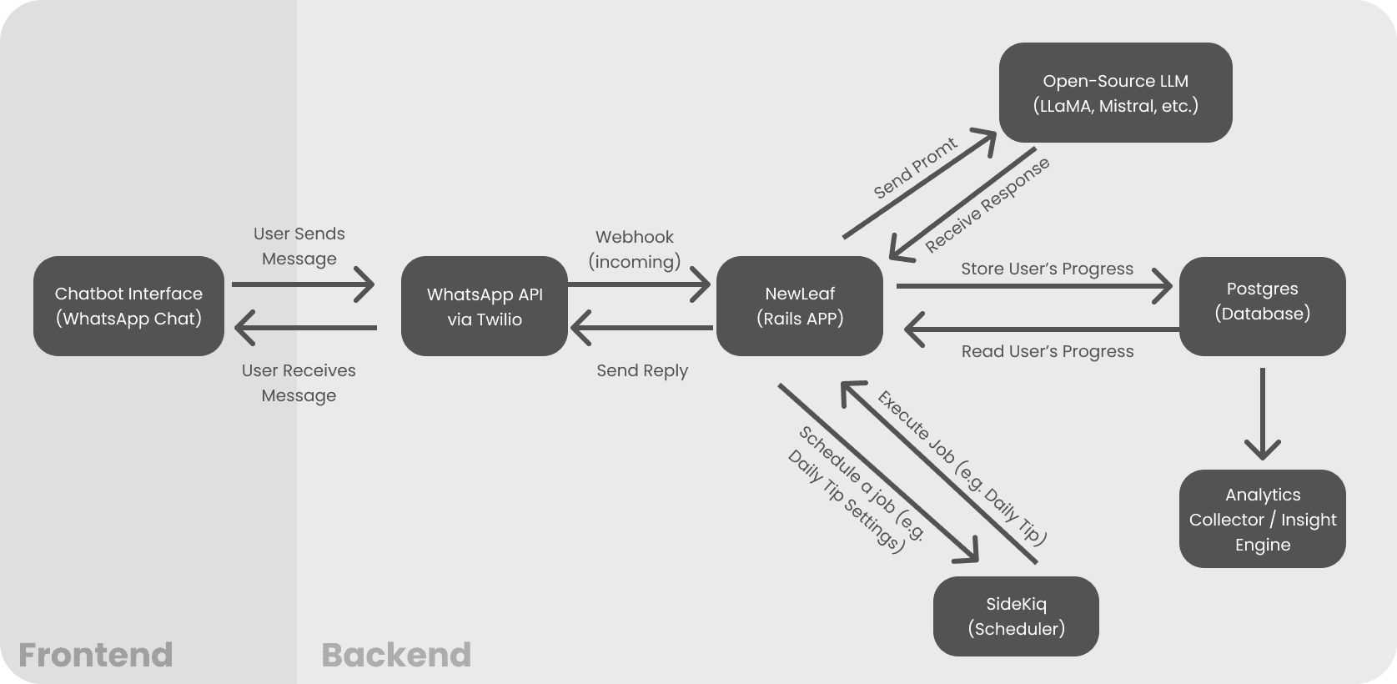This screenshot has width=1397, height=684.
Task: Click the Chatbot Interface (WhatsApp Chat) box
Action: point(128,306)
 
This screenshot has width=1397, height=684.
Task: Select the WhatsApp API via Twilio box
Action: point(484,306)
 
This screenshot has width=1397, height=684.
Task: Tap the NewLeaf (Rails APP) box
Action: point(799,306)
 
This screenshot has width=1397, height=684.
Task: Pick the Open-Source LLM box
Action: point(1115,93)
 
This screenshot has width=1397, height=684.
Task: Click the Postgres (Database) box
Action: point(1262,306)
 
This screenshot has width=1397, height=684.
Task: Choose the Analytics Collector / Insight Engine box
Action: point(1262,519)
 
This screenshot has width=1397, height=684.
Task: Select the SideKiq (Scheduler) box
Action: point(1015,616)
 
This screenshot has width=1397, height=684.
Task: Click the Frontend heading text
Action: point(95,655)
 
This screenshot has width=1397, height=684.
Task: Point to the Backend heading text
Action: point(396,655)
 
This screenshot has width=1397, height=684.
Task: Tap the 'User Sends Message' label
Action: point(299,246)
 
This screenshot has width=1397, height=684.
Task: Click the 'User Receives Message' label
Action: point(299,383)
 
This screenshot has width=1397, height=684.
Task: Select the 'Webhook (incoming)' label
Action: point(635,249)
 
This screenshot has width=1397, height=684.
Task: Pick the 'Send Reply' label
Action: point(641,370)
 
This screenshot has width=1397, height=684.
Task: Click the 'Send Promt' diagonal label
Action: point(915,168)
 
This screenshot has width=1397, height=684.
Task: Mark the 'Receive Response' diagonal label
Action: point(987,205)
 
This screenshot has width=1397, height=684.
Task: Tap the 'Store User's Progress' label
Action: point(1047,269)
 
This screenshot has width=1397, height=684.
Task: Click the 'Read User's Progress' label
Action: point(1047,351)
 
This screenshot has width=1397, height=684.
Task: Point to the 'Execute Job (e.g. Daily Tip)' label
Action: point(961,467)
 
